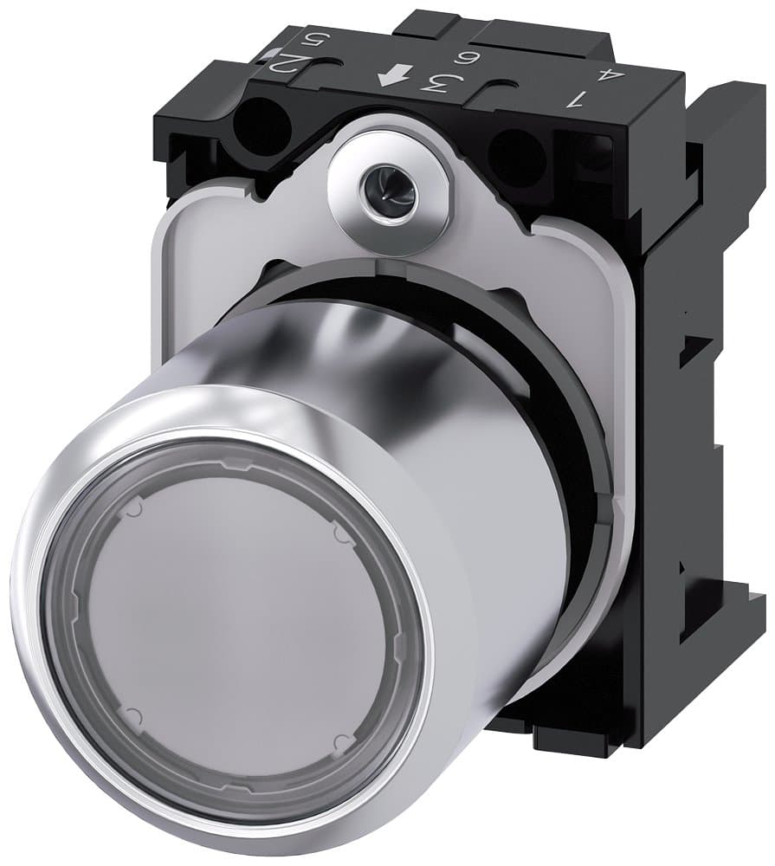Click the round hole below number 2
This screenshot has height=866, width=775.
[259, 128]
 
